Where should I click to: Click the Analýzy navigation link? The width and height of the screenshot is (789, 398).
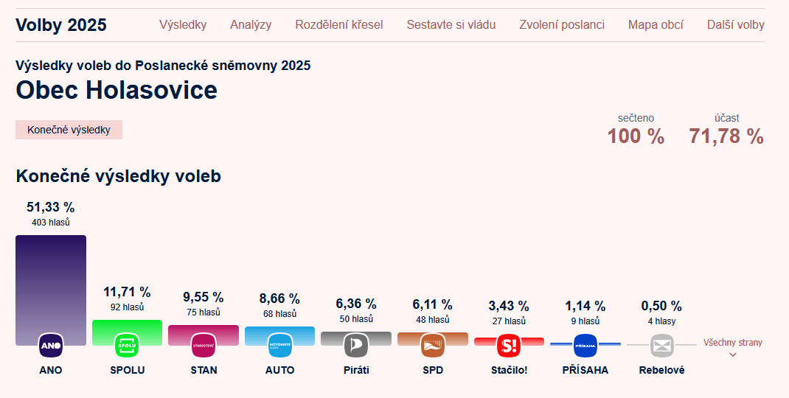click(251, 24)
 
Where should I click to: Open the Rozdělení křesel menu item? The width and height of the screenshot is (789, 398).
click(339, 24)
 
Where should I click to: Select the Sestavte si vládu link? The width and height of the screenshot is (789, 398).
click(451, 24)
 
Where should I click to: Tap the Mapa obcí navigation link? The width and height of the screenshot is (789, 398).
click(656, 24)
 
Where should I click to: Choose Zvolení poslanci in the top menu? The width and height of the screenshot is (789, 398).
click(562, 24)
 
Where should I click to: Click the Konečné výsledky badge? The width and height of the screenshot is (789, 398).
click(69, 130)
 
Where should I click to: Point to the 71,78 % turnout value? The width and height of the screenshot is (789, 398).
click(726, 136)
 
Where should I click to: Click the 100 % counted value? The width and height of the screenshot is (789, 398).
click(636, 136)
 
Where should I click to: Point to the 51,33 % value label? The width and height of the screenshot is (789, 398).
click(51, 207)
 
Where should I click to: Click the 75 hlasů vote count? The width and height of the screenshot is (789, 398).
click(204, 313)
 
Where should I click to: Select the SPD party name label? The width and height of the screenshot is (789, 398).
click(433, 370)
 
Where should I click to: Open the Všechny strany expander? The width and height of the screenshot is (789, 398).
click(733, 347)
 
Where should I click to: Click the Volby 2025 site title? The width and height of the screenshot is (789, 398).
click(61, 24)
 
